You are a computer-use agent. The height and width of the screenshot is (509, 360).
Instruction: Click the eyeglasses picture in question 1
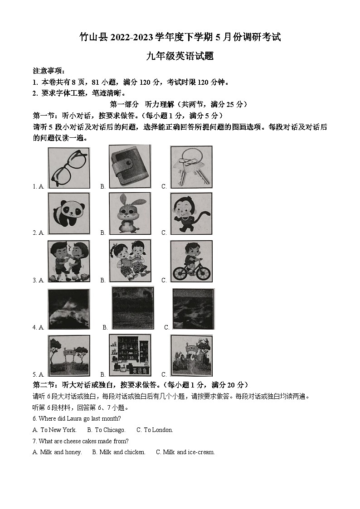68,168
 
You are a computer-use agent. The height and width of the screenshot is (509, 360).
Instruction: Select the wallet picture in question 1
130,167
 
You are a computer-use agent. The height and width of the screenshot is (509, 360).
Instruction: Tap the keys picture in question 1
191,167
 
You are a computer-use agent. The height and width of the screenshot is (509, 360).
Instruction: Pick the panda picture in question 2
68,213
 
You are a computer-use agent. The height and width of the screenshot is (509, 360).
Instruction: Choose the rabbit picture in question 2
130,213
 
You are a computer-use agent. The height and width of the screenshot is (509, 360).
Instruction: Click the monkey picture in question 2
191,213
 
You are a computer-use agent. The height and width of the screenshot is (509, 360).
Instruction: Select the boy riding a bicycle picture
191,261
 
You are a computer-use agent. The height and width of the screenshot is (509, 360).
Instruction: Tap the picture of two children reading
130,261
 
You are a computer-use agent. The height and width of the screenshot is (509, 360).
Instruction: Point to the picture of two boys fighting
68,261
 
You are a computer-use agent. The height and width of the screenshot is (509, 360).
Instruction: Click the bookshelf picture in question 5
130,355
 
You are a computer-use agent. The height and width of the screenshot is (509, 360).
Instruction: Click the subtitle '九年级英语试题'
180,56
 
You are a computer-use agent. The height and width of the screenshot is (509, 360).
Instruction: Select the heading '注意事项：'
49,71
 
